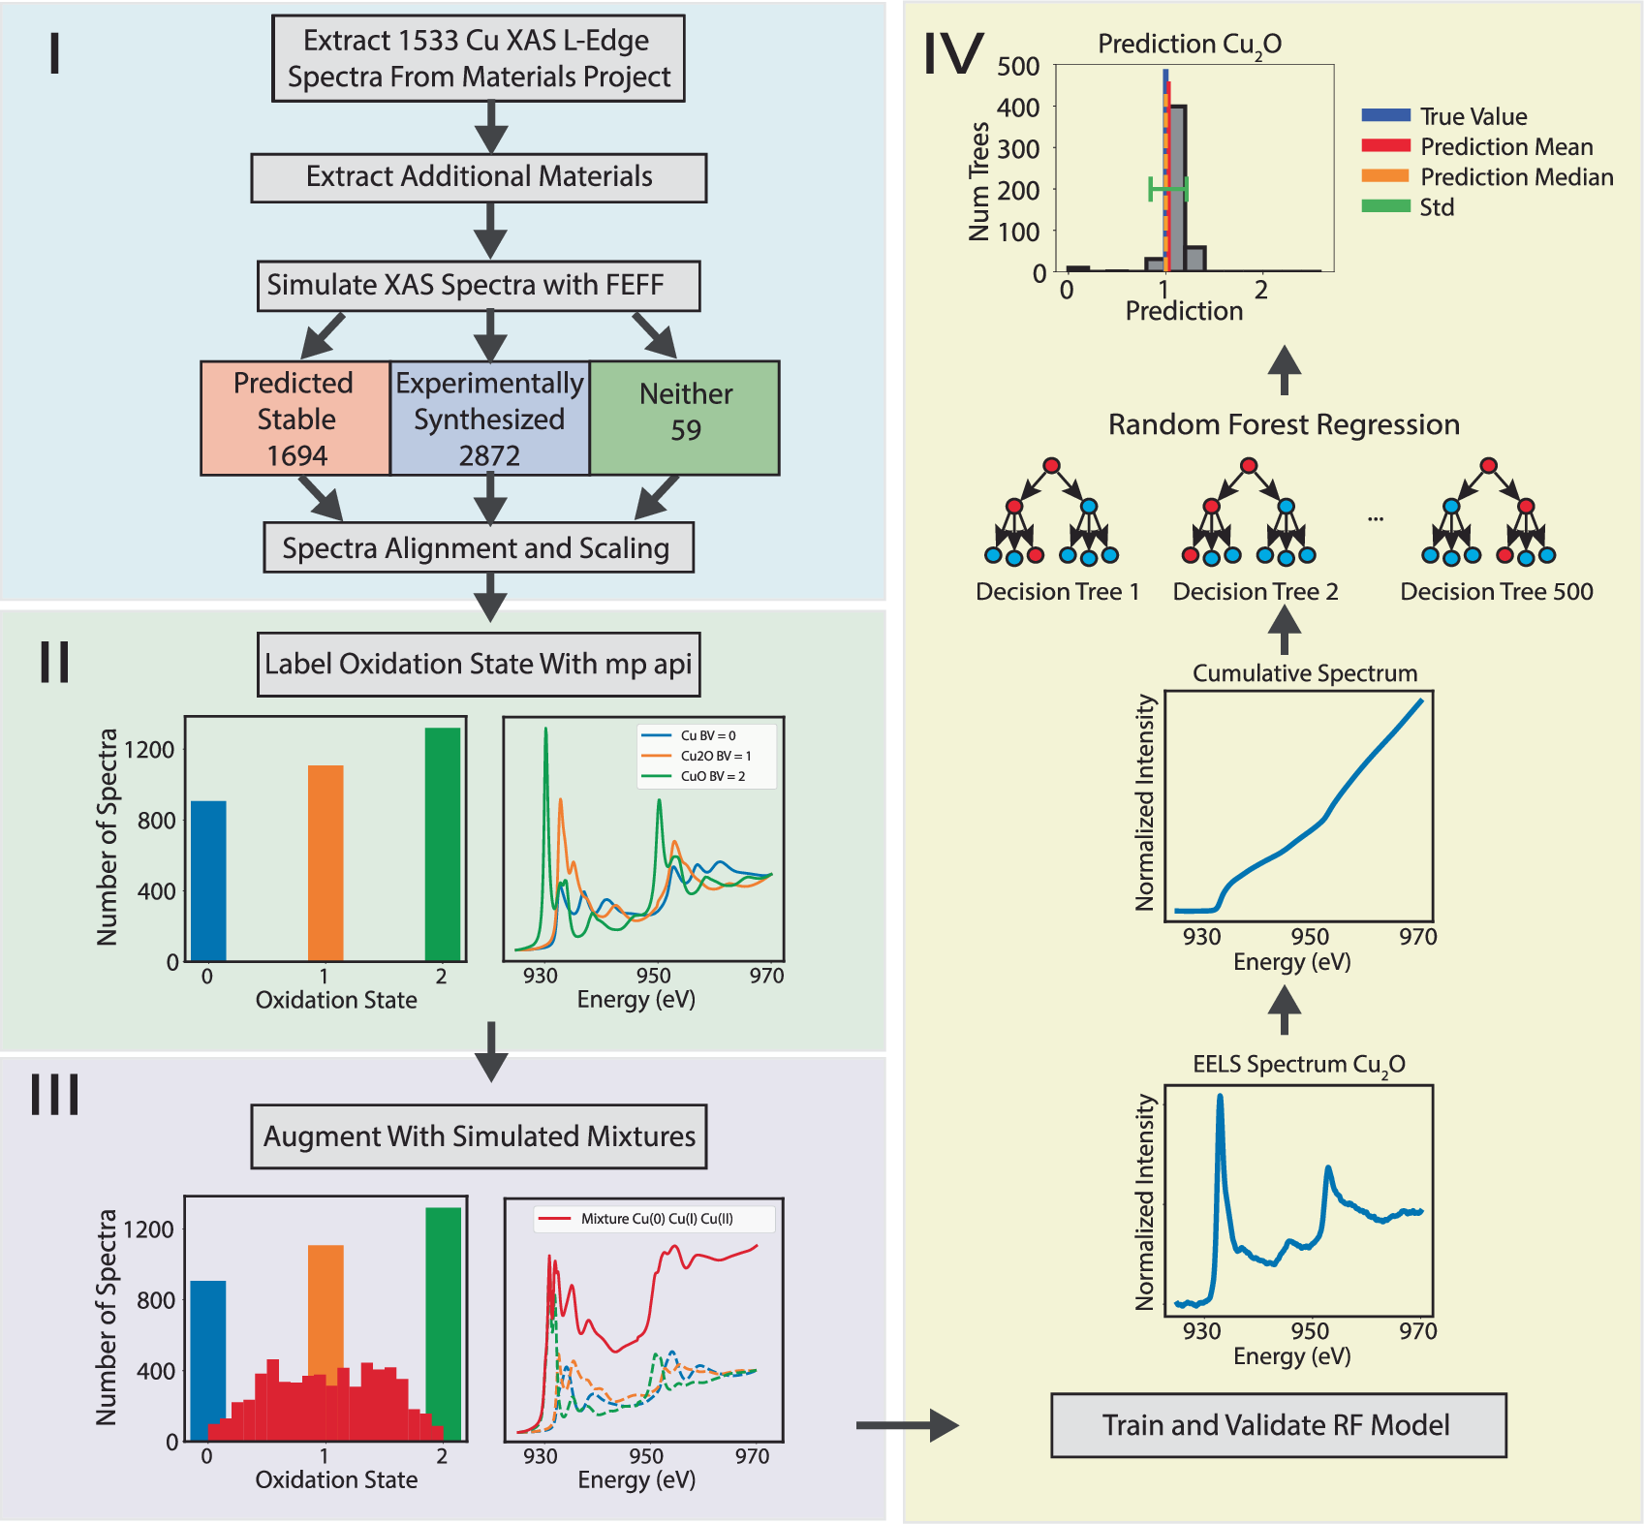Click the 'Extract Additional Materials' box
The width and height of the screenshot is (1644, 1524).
(479, 177)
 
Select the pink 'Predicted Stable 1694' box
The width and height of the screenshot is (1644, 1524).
(295, 419)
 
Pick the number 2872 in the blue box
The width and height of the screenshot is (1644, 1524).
(489, 455)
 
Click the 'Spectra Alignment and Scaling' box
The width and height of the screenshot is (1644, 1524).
(478, 548)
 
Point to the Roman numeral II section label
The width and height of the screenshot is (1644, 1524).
(54, 663)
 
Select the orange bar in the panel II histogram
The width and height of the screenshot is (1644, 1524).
(326, 862)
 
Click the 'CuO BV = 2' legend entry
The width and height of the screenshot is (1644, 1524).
(712, 776)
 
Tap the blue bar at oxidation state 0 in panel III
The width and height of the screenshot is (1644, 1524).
(207, 1356)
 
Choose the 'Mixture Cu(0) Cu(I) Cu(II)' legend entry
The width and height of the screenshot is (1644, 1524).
(656, 1219)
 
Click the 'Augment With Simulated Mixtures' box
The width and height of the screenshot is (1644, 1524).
(479, 1136)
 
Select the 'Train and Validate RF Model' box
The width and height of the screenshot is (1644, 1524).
(1278, 1425)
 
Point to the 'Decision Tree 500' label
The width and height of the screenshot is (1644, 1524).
(1496, 592)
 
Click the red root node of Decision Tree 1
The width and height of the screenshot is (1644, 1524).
(1051, 466)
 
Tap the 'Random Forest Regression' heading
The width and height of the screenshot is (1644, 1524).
(1284, 424)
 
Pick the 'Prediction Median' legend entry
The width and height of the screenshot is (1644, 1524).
(1516, 177)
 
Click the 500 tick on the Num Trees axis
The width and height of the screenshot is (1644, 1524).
(1018, 67)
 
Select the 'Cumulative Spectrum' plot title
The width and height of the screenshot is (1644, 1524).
(1304, 673)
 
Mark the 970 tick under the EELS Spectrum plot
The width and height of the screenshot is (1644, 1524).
(1417, 1331)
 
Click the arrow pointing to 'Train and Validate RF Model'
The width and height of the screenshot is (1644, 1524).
(907, 1425)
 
